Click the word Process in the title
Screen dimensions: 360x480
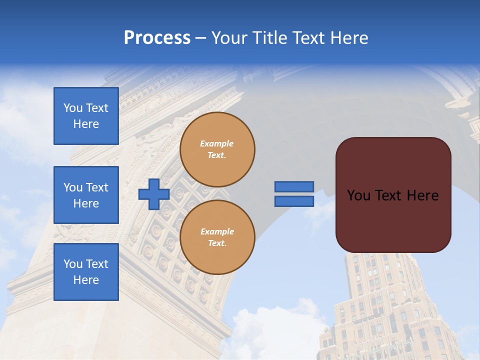click(157, 38)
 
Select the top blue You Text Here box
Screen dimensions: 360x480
click(86, 116)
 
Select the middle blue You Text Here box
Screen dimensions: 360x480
click(86, 195)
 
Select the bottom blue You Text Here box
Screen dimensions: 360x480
click(86, 272)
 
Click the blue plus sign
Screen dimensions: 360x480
click(154, 194)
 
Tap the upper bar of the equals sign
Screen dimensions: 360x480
click(294, 187)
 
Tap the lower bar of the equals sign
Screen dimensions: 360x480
click(294, 201)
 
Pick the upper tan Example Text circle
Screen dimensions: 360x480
click(217, 149)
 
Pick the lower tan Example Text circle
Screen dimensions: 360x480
click(217, 237)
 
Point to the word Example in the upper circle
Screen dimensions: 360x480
click(217, 143)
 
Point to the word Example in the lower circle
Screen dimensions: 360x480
click(217, 231)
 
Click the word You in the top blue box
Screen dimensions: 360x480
click(72, 108)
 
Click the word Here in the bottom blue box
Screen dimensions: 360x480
click(86, 280)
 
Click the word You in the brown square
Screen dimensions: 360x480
click(358, 195)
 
